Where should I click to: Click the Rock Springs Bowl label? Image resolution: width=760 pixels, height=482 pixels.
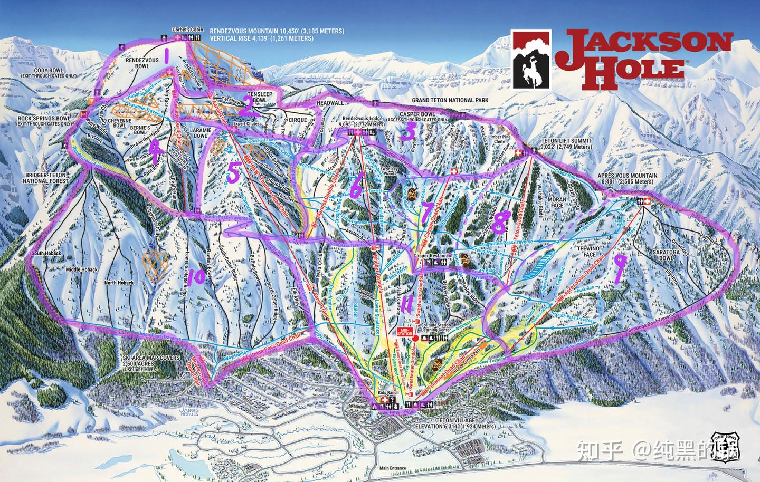(x=40, y=121)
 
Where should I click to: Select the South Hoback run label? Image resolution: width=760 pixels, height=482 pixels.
(x=46, y=254)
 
